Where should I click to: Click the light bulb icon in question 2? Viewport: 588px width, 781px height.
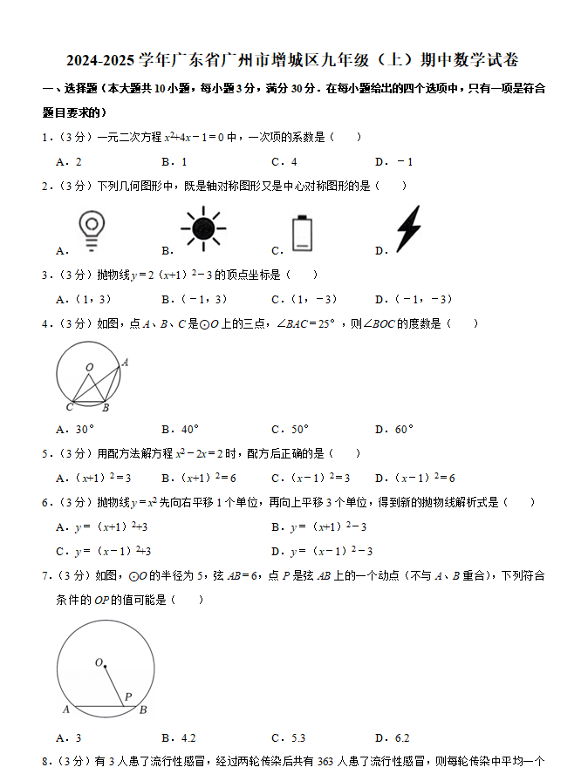point(90,227)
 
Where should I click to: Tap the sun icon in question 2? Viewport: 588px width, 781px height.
point(203,228)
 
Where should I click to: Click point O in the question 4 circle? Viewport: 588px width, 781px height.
point(89,368)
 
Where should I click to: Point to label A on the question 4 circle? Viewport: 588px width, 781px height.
point(125,362)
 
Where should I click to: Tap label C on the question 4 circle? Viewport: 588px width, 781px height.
point(69,407)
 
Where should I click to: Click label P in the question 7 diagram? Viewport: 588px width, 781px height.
point(127,696)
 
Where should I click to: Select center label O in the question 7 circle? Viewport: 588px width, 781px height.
point(99,662)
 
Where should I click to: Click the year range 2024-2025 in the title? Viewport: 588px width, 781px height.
point(100,60)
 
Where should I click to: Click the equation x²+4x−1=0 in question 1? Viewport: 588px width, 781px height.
point(195,137)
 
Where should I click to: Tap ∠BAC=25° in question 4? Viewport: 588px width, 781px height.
point(306,323)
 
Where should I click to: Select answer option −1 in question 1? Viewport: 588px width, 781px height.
point(405,161)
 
